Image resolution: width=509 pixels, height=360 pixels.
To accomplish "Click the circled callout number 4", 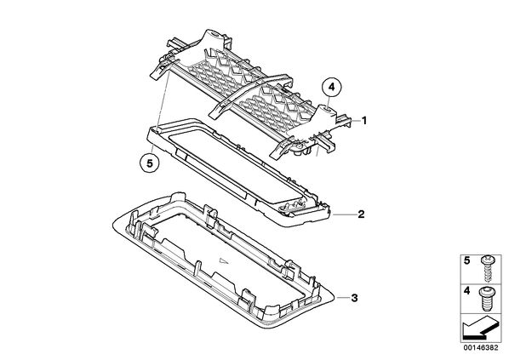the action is coord(331,87).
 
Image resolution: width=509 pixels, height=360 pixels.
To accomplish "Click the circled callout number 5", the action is coord(150,163).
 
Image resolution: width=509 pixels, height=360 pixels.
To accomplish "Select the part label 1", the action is coord(364,121).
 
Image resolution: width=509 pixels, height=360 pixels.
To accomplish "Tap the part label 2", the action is coord(361,214).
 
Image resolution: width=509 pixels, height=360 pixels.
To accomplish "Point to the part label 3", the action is coord(354,298).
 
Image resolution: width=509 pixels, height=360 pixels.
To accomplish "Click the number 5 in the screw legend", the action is coord(466,260).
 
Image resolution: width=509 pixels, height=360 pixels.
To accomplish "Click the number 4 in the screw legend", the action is coord(466,290).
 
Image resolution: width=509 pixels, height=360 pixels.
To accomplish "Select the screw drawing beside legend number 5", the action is coord(486,268).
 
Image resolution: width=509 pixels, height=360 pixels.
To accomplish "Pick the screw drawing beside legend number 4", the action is coord(486,299).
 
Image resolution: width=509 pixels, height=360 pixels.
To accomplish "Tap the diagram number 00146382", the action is coord(480,348).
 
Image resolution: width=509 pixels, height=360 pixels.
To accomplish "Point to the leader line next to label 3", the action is coord(342,297).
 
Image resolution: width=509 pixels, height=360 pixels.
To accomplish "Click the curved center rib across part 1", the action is coord(249,94).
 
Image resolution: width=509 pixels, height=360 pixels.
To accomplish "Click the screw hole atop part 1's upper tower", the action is coord(214,33).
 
